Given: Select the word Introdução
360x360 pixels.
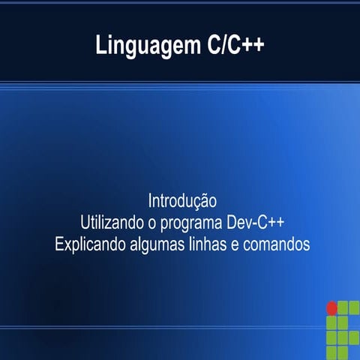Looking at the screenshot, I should point(182,202).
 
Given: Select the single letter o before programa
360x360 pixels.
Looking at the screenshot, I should point(158,223).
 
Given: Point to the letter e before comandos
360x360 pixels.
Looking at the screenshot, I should point(241,245).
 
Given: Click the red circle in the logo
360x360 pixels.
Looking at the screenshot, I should point(331,307).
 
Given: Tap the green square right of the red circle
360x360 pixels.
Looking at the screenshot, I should point(346,307).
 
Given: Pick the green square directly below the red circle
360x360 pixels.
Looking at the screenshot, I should point(331,322).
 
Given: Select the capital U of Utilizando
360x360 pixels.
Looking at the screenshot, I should point(84,223).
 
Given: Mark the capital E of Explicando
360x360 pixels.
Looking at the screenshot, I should point(60,244).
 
